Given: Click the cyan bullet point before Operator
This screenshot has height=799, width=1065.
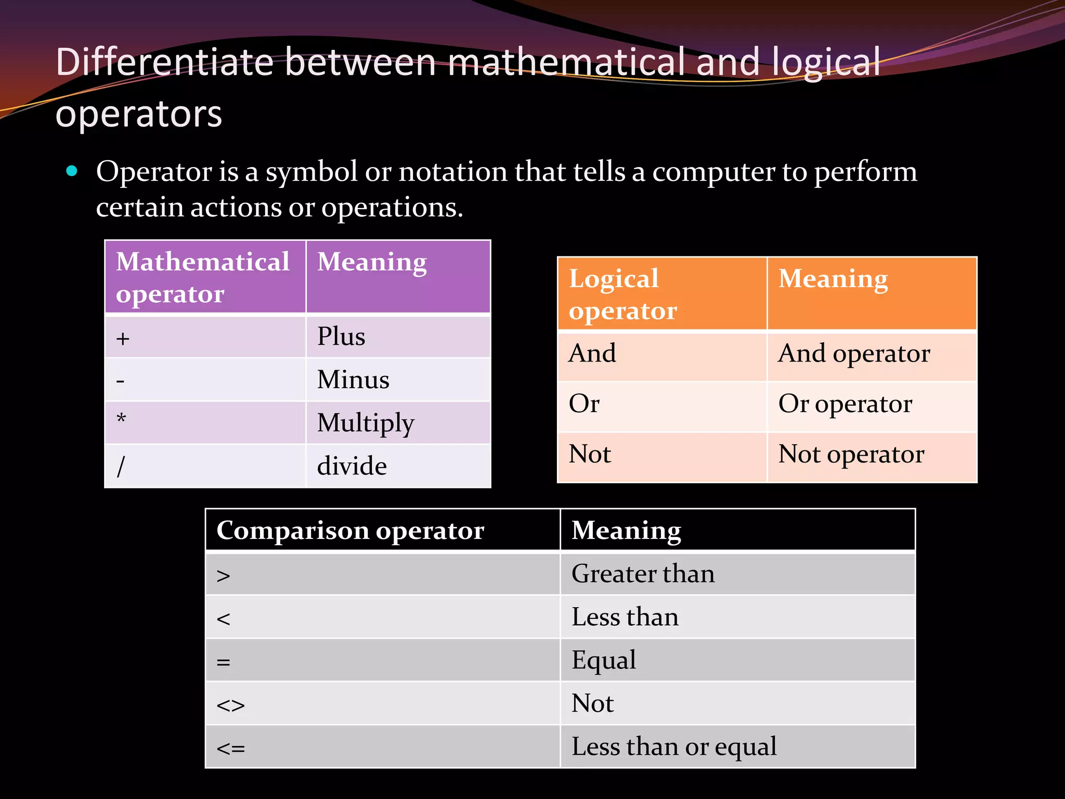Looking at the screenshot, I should coord(72,171).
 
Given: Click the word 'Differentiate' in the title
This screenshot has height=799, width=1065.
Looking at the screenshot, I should coord(164,62).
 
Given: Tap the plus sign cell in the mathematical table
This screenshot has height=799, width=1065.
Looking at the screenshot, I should coord(123,339).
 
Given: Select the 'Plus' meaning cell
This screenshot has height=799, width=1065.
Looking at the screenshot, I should coord(341,336).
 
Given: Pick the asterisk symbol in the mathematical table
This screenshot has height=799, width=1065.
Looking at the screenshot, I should coord(121,419).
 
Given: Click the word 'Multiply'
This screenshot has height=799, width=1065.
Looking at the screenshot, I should coord(366,423).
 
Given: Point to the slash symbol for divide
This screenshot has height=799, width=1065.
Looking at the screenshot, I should coord(121,466).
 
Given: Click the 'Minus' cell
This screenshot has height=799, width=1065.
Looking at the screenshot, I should coord(353,379).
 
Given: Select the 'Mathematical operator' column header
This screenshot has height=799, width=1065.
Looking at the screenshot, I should coord(203,277).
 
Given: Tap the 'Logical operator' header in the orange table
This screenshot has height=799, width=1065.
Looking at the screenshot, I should coord(622,294).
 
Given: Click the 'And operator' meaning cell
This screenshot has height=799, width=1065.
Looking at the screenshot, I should coord(854,354).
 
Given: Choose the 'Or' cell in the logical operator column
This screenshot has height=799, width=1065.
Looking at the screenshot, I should coord(584,404).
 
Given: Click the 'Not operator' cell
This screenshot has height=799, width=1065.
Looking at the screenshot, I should coord(851,454).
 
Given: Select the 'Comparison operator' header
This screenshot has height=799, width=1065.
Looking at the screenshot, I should coord(350,531).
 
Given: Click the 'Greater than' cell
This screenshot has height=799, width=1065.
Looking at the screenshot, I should coord(643,574).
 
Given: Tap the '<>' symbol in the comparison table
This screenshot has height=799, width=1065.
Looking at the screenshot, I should coord(230,705).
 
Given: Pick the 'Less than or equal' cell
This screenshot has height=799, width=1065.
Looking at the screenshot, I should coord(674,746).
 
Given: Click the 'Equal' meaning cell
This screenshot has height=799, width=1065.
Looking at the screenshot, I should coord(604,660).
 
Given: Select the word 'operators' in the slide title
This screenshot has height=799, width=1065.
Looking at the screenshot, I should coord(139,114).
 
